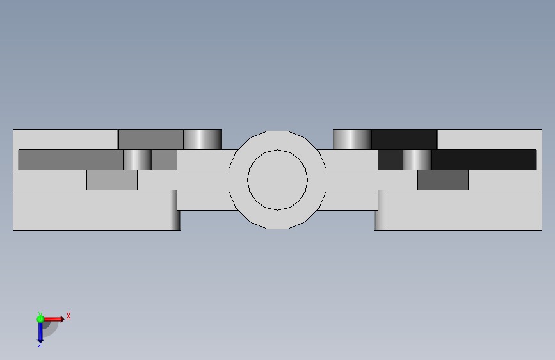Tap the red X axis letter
[x=68, y=316]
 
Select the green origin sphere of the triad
[x=40, y=319]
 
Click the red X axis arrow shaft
[x=53, y=319]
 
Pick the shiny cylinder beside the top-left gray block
[x=202, y=140]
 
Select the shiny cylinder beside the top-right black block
[x=352, y=140]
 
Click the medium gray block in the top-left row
[x=151, y=140]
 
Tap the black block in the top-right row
[x=404, y=140]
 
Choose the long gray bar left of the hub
[x=71, y=160]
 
